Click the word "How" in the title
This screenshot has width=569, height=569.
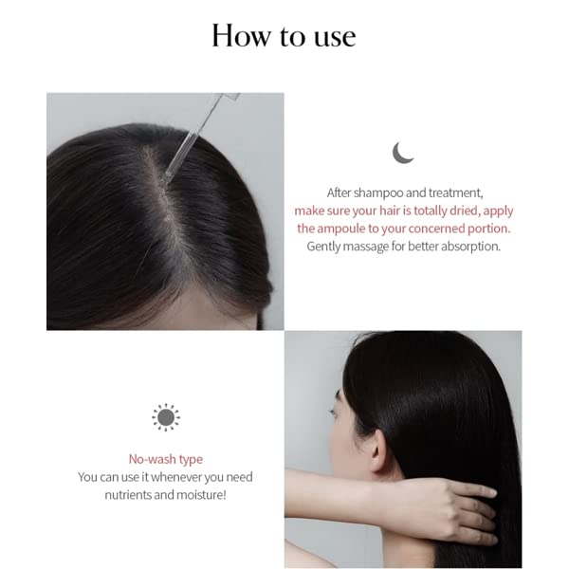coord(241,35)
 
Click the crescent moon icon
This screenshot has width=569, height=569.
coord(402,153)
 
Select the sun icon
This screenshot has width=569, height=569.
coord(165,417)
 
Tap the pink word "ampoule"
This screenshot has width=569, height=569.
coord(340,229)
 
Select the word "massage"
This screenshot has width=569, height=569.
coord(365,248)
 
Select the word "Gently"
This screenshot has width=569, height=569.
coord(323,248)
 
